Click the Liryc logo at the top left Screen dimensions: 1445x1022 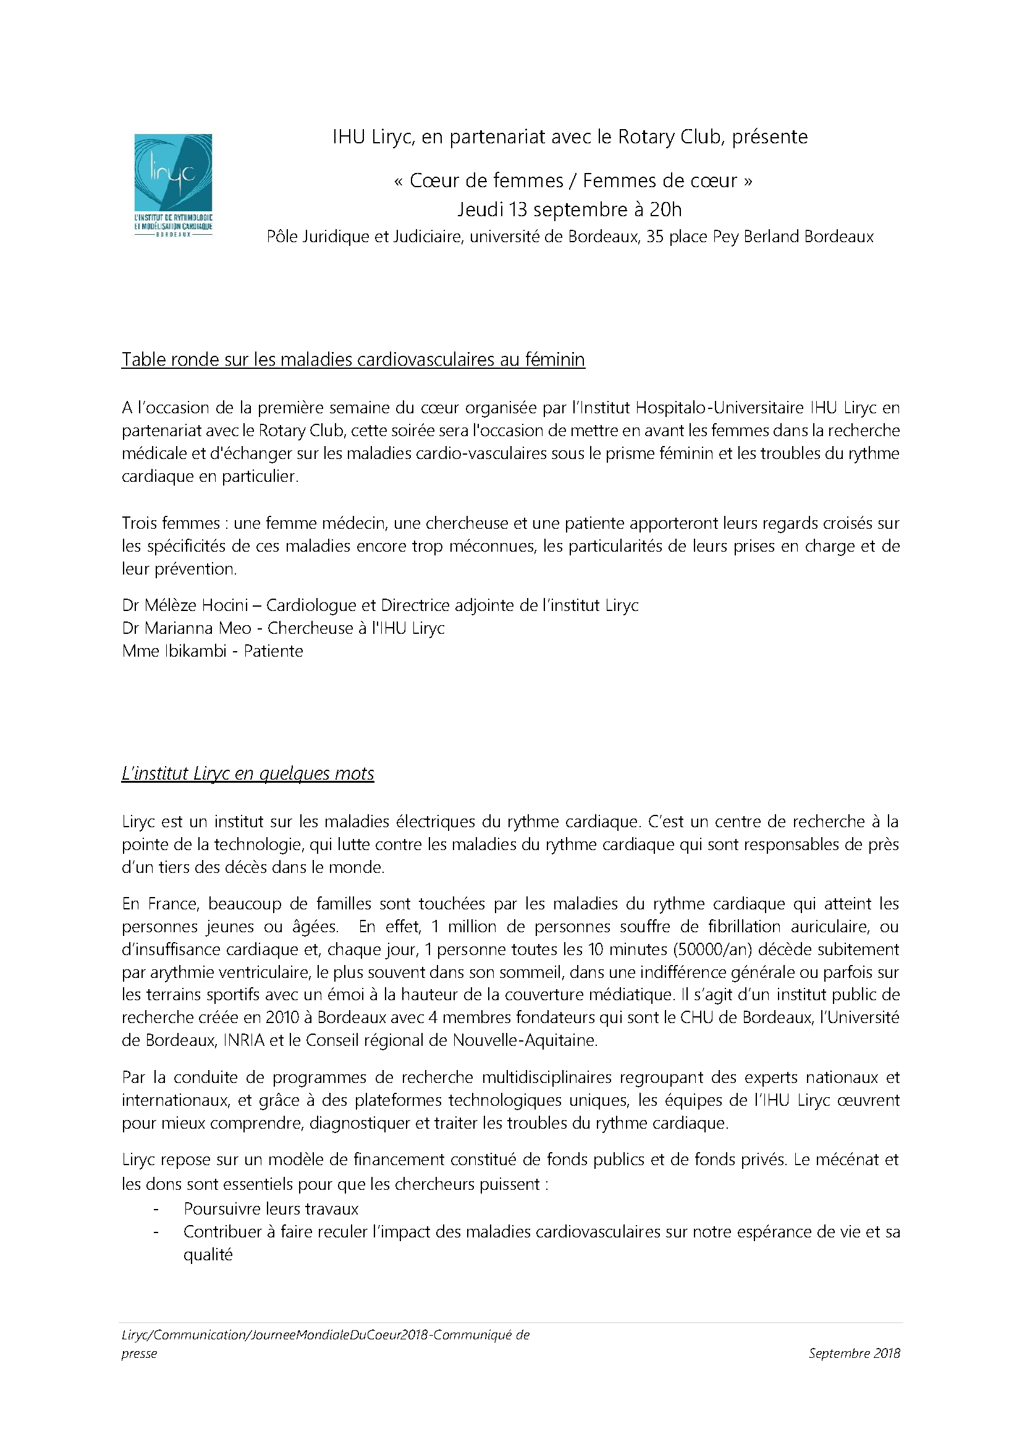click(173, 183)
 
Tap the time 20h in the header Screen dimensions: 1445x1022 click(666, 209)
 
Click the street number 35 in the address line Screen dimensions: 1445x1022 click(655, 237)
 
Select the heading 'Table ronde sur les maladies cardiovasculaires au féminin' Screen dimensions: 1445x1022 click(353, 360)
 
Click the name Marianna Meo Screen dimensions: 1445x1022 click(198, 628)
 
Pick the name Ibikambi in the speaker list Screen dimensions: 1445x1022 click(195, 651)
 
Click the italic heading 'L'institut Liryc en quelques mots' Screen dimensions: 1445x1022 click(247, 773)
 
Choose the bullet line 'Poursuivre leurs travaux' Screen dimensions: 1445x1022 click(271, 1209)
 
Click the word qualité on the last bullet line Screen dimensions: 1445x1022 click(208, 1255)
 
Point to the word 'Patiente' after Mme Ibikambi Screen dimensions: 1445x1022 click(273, 651)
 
